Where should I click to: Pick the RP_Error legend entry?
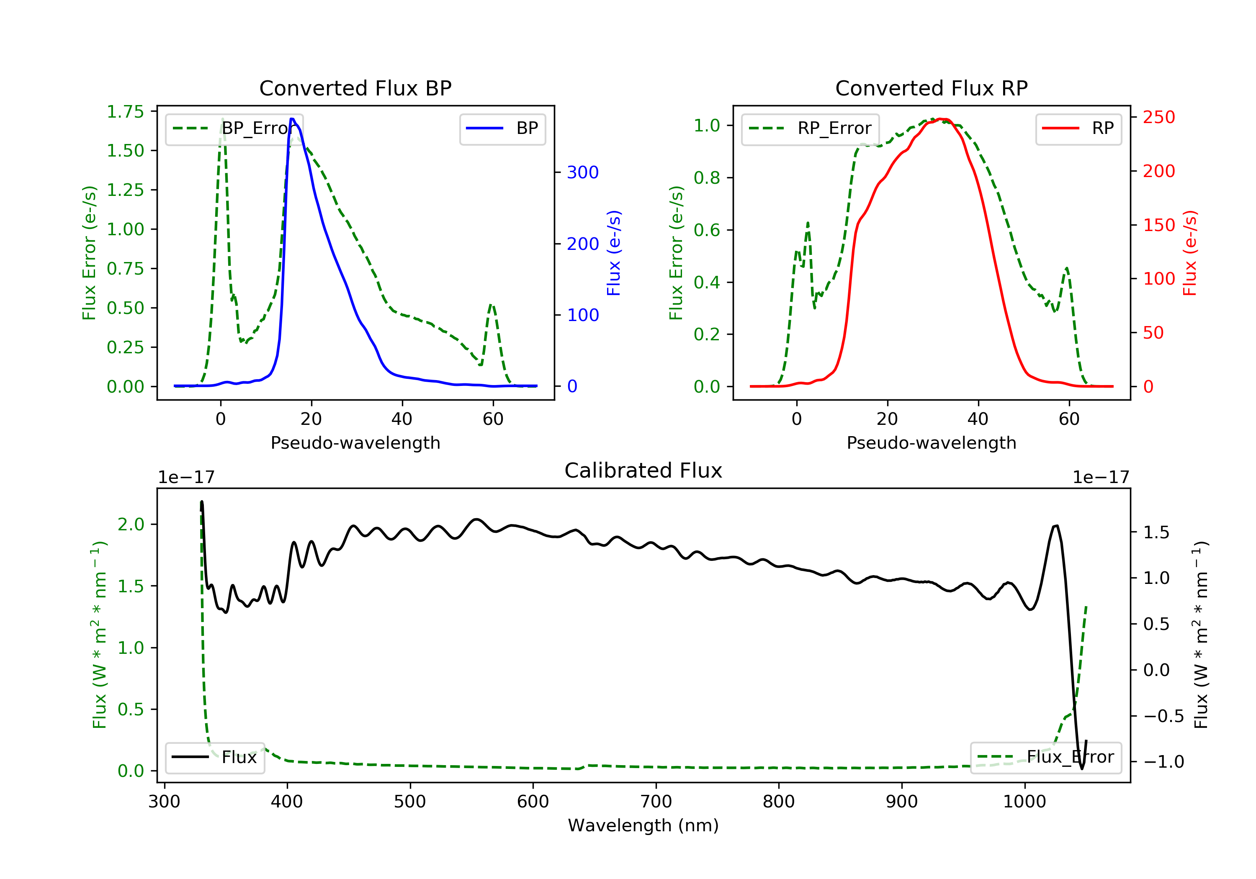point(810,129)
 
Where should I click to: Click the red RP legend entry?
point(1078,129)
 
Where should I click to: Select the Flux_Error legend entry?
point(1045,757)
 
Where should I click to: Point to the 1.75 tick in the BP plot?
point(125,112)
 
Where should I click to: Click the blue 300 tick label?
point(583,173)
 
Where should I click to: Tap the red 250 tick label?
point(1158,118)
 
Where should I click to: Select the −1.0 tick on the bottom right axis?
point(1163,762)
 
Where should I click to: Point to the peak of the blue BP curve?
point(293,119)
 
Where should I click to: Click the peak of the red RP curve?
point(942,119)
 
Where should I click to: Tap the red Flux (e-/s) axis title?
point(1190,253)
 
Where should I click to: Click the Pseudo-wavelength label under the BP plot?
point(355,443)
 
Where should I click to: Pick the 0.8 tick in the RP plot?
point(706,178)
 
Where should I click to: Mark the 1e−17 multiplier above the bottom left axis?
point(186,478)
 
